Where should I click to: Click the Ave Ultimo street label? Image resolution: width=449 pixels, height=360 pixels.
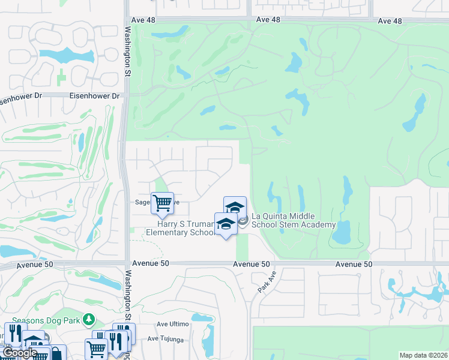(x=173, y=324)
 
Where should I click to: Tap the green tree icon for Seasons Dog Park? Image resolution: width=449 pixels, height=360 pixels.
(x=89, y=319)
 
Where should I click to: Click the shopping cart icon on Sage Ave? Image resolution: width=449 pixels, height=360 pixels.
(x=162, y=203)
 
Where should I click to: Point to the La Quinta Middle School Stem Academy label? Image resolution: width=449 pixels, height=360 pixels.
(x=293, y=220)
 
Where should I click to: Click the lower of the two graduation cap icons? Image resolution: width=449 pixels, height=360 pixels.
(x=226, y=224)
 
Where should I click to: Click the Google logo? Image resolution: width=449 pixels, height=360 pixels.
(x=20, y=353)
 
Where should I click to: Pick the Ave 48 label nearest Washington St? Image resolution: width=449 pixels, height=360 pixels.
(x=268, y=20)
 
